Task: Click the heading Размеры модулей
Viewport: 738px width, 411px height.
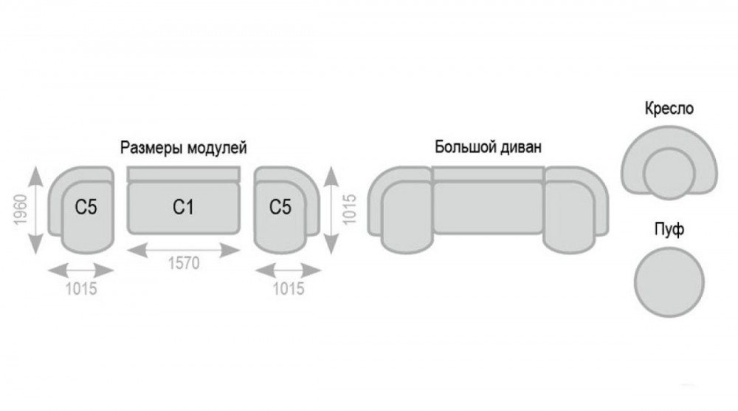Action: pyautogui.click(x=184, y=148)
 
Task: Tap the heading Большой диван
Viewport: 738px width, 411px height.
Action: pyautogui.click(x=488, y=146)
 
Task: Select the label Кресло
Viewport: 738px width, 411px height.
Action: pyautogui.click(x=669, y=109)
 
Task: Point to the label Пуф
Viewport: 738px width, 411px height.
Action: pyautogui.click(x=669, y=230)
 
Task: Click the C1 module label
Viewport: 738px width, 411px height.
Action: pyautogui.click(x=183, y=207)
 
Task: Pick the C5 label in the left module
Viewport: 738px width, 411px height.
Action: pyautogui.click(x=86, y=207)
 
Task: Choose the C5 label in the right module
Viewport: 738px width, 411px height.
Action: pyautogui.click(x=280, y=207)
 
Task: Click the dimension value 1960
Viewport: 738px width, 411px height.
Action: pyautogui.click(x=20, y=210)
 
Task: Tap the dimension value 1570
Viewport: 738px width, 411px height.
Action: pyautogui.click(x=184, y=263)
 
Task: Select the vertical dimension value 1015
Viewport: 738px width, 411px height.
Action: pyautogui.click(x=349, y=209)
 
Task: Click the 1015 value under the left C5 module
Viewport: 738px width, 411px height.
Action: pyautogui.click(x=81, y=288)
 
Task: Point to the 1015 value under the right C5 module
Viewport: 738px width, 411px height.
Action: pyautogui.click(x=289, y=288)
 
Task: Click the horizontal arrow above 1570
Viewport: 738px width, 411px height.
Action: pyautogui.click(x=184, y=250)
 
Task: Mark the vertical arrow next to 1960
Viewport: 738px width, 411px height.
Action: pyautogui.click(x=35, y=210)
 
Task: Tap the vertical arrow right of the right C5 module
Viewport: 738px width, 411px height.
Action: pyautogui.click(x=331, y=210)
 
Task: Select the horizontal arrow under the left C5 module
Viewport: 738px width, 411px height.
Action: pyautogui.click(x=81, y=271)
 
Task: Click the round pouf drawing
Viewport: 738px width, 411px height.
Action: pyautogui.click(x=669, y=282)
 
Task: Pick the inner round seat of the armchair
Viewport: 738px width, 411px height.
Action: pyautogui.click(x=669, y=174)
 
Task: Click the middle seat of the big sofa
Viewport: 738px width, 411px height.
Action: pyautogui.click(x=488, y=208)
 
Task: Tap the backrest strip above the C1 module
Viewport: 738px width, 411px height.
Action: pyautogui.click(x=184, y=174)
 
